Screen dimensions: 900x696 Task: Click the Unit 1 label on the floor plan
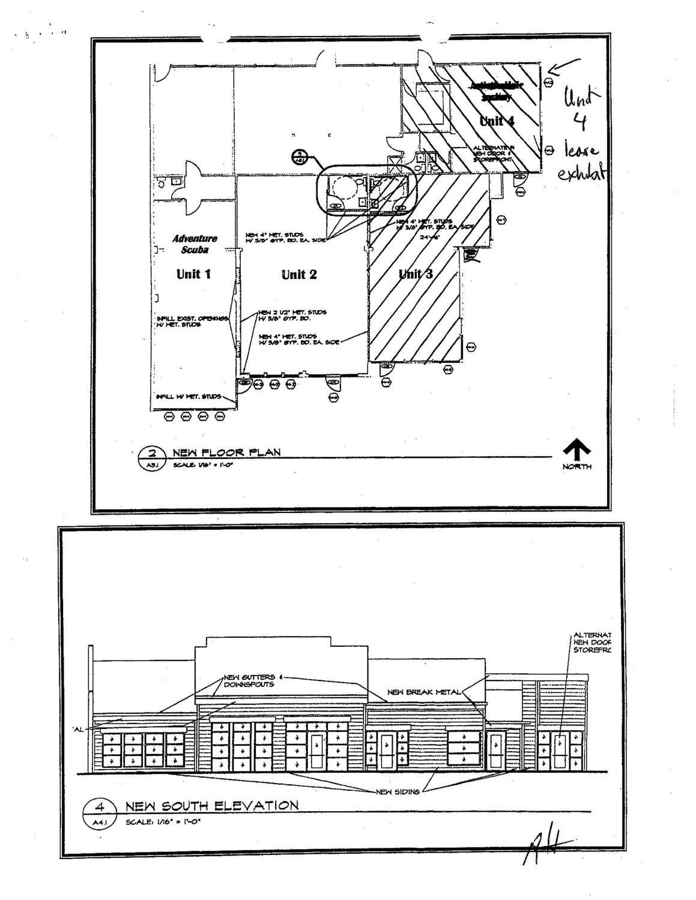(x=193, y=274)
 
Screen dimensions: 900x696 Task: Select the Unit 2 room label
(x=299, y=275)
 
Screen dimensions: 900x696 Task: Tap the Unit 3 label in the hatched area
(x=416, y=274)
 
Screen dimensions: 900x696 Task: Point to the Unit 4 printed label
(x=497, y=121)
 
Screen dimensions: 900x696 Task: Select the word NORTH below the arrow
(x=576, y=467)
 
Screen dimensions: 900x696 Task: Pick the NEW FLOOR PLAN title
(x=226, y=452)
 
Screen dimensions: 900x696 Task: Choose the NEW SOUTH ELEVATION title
(x=211, y=805)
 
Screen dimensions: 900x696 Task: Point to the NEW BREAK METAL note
(x=424, y=692)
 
